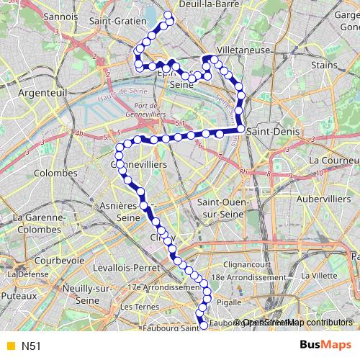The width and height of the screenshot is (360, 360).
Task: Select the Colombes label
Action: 55,174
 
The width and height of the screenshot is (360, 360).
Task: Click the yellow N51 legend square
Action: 9,346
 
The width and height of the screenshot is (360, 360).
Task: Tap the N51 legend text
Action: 31,346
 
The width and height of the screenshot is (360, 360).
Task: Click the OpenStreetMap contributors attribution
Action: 299,322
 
